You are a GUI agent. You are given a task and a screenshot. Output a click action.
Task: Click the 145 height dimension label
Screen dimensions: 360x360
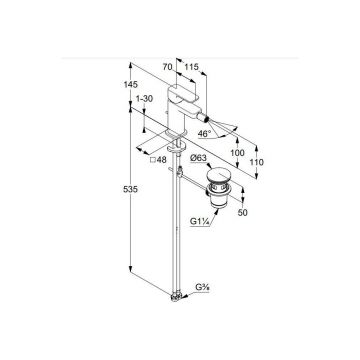pyautogui.click(x=130, y=85)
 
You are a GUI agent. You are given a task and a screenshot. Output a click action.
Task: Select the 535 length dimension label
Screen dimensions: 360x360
pyautogui.click(x=130, y=189)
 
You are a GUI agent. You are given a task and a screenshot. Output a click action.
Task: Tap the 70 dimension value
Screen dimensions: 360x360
pyautogui.click(x=167, y=67)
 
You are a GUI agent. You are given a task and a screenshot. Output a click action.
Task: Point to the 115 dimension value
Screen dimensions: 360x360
pyautogui.click(x=191, y=67)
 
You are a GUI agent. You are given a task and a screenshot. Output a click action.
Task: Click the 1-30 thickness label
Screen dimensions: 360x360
pyautogui.click(x=144, y=99)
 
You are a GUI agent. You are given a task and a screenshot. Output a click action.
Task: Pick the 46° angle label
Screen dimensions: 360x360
pyautogui.click(x=204, y=134)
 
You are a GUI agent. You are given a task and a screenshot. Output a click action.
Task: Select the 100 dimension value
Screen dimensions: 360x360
pyautogui.click(x=237, y=153)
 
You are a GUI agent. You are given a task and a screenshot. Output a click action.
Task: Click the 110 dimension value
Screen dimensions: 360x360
pyautogui.click(x=257, y=162)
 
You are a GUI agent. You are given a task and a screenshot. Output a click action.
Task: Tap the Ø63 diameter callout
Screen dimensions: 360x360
pyautogui.click(x=198, y=158)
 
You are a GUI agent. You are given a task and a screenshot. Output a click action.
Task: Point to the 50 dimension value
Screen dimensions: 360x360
pyautogui.click(x=243, y=213)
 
